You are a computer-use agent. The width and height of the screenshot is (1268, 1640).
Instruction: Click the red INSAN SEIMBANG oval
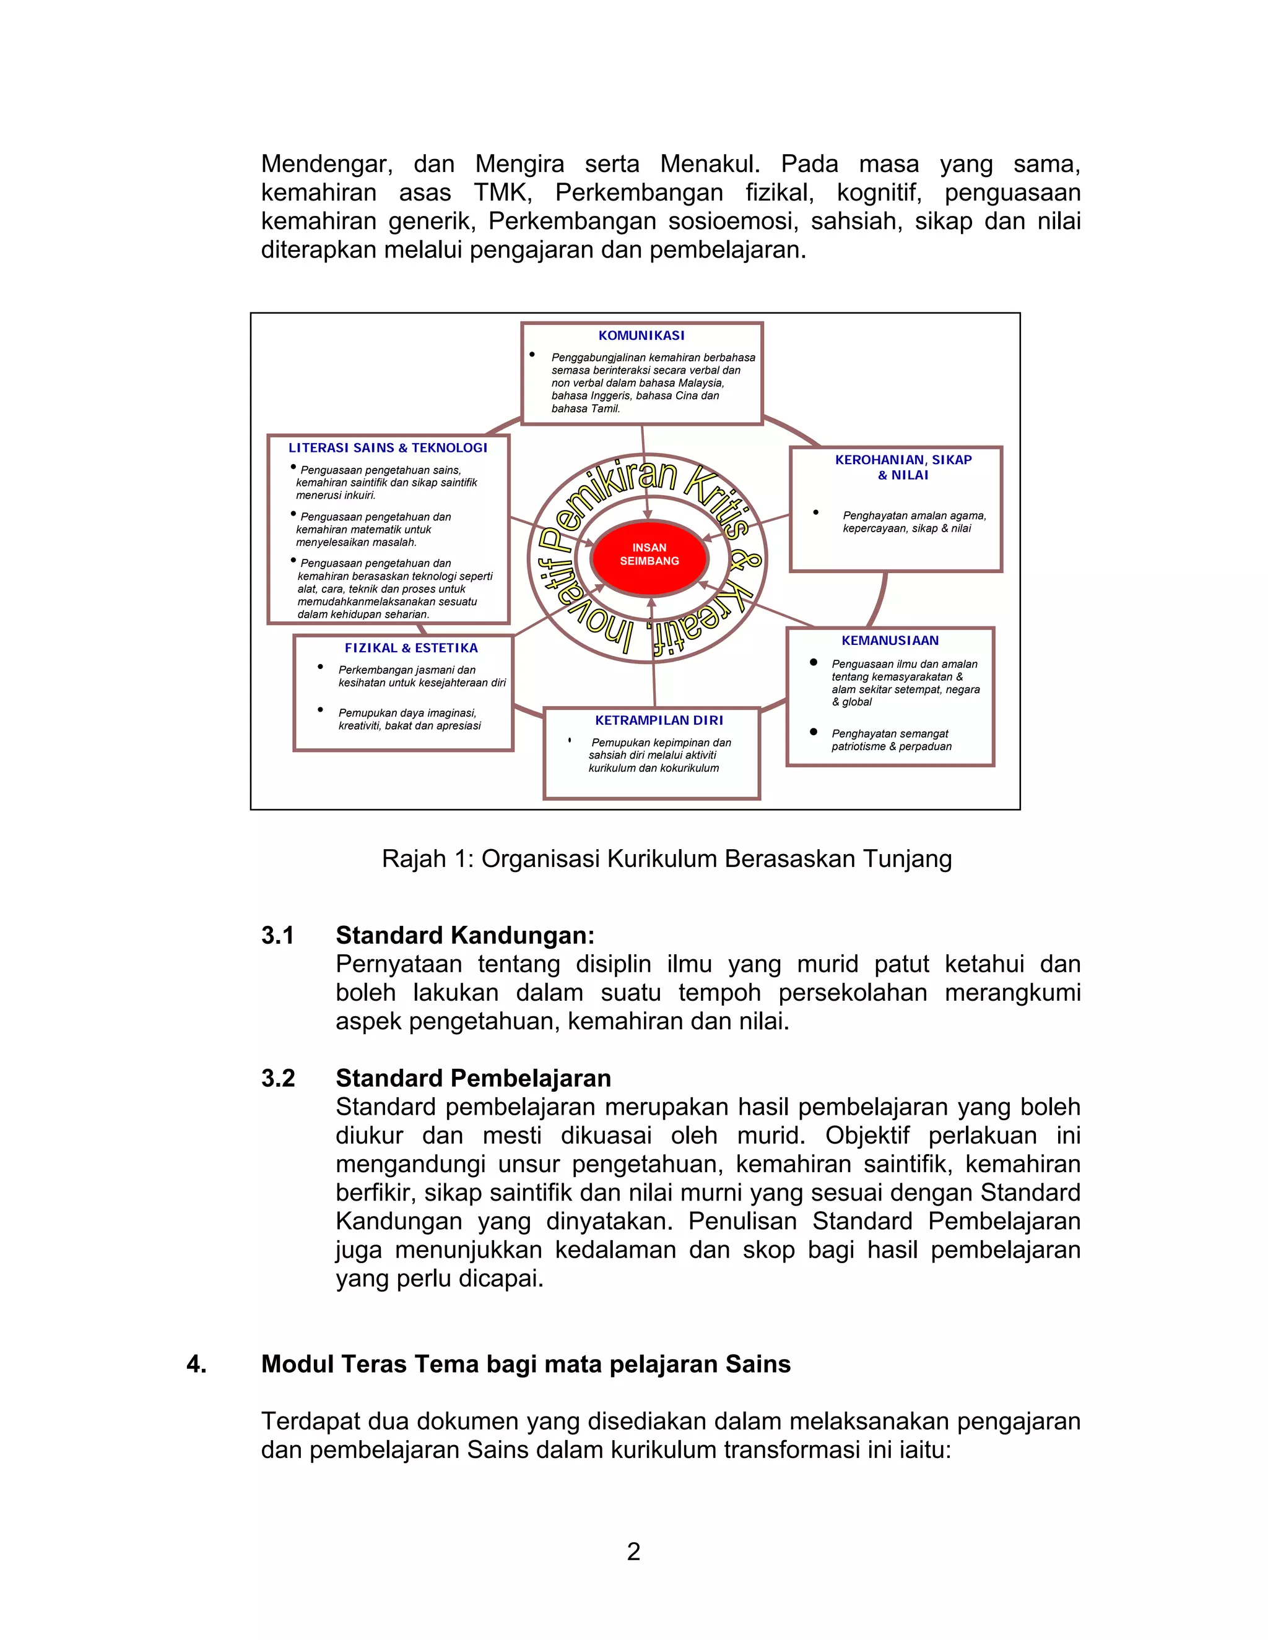point(649,555)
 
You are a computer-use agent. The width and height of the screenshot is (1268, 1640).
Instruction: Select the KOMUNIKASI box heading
point(641,335)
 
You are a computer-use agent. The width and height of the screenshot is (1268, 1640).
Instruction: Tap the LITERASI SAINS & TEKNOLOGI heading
point(388,447)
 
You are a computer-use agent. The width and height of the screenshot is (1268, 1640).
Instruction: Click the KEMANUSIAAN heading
point(890,641)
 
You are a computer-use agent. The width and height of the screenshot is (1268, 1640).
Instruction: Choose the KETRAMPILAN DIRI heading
point(659,720)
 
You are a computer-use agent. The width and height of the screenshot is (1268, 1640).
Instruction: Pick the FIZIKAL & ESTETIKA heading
point(411,648)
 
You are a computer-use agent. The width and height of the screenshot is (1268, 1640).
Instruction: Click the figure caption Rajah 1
point(666,858)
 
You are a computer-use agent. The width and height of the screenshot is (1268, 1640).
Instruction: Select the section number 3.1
point(277,936)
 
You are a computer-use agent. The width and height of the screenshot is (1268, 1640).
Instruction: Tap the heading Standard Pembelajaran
point(472,1078)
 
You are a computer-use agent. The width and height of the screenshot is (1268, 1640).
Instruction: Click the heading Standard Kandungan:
point(464,936)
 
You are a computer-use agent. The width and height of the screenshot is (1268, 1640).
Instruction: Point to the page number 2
point(633,1552)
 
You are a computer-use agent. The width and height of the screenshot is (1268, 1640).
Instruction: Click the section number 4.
point(196,1365)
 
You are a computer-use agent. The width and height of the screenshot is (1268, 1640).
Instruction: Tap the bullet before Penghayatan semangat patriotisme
point(813,732)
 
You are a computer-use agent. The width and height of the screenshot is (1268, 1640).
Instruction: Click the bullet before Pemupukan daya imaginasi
point(321,710)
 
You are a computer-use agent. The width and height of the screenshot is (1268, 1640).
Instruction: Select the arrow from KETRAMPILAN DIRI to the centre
point(653,654)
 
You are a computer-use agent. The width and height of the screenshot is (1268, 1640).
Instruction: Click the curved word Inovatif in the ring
point(578,601)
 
